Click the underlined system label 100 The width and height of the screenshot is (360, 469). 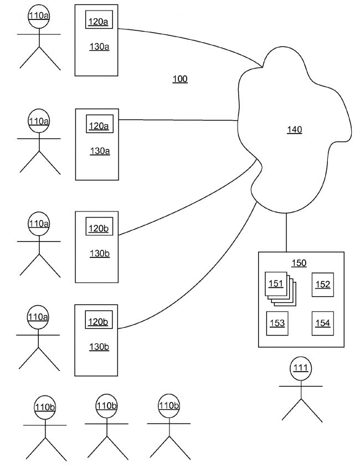(x=180, y=79)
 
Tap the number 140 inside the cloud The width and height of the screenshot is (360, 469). (x=294, y=130)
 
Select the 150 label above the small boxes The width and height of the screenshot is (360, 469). (x=299, y=263)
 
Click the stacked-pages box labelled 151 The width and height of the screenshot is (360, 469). (x=276, y=284)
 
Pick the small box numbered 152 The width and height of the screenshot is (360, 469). (x=323, y=284)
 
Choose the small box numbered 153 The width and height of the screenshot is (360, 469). (x=276, y=323)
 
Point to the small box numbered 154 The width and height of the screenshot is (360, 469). (x=323, y=323)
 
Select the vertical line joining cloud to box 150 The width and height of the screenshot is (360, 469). (x=286, y=233)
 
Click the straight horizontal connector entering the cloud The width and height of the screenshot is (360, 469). (x=177, y=120)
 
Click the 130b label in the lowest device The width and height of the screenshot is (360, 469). (x=99, y=347)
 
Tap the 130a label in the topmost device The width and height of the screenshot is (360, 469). (x=99, y=47)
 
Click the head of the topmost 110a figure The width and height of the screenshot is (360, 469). (x=39, y=16)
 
